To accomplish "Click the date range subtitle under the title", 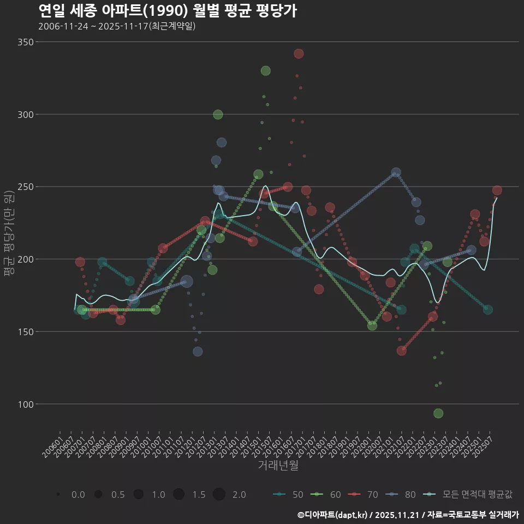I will click(117, 26).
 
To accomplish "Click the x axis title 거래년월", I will click(278, 466).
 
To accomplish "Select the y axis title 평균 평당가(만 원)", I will click(9, 235).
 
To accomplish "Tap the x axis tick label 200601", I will click(53, 445).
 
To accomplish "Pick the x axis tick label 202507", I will click(485, 445).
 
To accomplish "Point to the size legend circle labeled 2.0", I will click(219, 495).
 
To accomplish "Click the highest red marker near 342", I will click(299, 53).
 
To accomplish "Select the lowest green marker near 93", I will click(438, 413).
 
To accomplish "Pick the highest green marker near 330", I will click(266, 71).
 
